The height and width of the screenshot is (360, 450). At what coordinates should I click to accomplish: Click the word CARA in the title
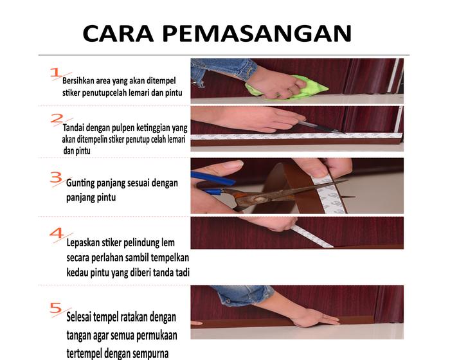[x=118, y=33]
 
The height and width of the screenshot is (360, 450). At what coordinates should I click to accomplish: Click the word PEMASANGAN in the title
[x=257, y=33]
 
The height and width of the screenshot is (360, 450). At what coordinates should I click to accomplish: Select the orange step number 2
[x=57, y=118]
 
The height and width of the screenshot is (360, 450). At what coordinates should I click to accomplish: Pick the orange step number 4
[x=57, y=233]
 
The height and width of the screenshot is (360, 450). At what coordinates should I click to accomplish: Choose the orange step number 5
[x=56, y=308]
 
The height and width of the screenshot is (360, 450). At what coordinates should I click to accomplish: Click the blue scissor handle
[x=213, y=179]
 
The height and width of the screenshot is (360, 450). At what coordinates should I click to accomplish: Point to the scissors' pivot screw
[x=260, y=199]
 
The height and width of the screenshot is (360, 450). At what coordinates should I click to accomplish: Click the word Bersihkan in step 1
[x=78, y=80]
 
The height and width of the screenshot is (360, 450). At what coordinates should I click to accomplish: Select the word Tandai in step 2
[x=73, y=127]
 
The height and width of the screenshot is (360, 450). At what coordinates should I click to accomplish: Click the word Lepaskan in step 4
[x=80, y=243]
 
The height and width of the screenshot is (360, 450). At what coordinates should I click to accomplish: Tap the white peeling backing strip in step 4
[x=311, y=237]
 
